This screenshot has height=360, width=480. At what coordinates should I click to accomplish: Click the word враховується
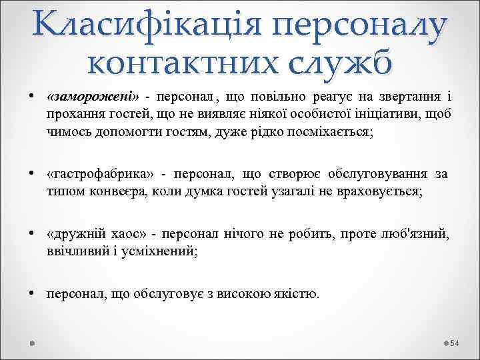tap(381, 192)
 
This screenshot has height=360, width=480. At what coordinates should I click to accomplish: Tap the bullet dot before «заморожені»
tap(31, 97)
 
